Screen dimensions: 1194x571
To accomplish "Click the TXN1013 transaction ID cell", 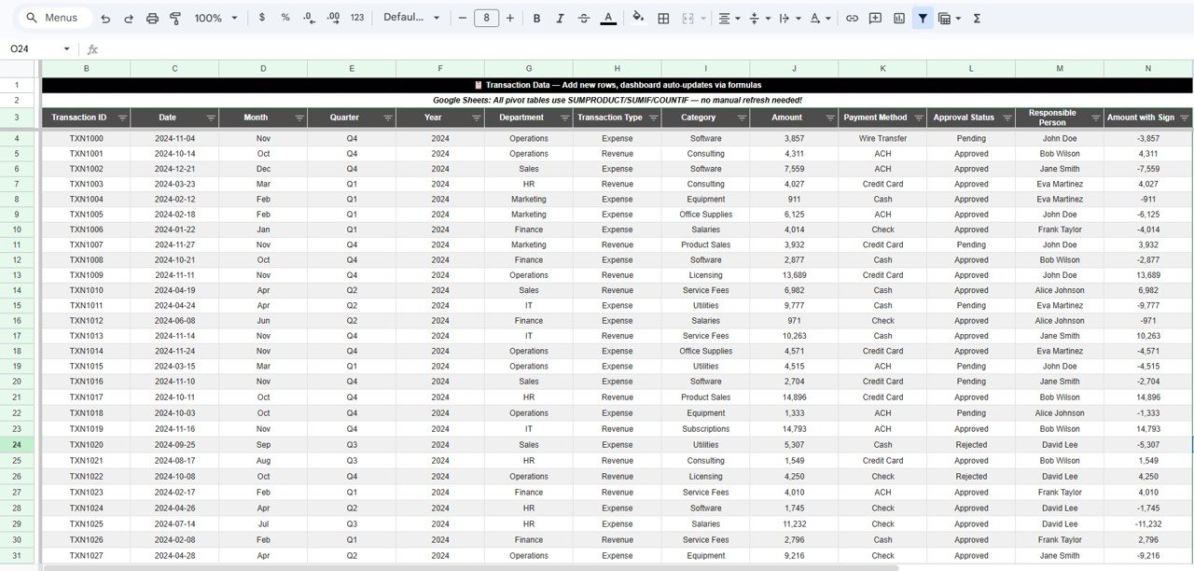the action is tap(86, 336).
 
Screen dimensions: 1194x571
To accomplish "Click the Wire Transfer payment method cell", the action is tap(882, 138).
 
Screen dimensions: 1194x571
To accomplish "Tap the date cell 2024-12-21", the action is tap(174, 169).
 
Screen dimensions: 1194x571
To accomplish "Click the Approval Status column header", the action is tap(964, 118).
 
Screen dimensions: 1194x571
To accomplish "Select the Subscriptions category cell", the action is tap(705, 429).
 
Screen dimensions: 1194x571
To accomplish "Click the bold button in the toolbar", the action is tap(536, 18).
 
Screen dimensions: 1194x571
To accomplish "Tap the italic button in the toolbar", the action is tap(560, 18).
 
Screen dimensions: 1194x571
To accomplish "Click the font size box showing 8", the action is tap(486, 18).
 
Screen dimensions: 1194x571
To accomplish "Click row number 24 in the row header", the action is tap(17, 445).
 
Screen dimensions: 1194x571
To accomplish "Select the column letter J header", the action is tap(794, 68).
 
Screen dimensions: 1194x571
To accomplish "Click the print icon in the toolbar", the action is tap(152, 18).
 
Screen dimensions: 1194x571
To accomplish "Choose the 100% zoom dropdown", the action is tap(215, 18).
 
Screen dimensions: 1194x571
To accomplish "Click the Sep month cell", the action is tap(263, 445).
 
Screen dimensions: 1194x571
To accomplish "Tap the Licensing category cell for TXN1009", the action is tap(705, 275).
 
